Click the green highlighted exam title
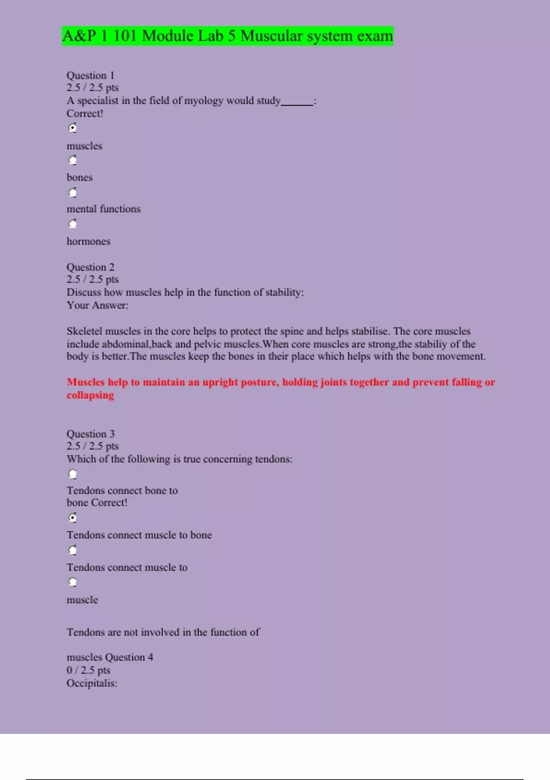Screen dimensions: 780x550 [228, 36]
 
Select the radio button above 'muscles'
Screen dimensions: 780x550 [72, 128]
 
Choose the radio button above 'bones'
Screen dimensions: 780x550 [72, 160]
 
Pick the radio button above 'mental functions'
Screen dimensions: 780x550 [72, 192]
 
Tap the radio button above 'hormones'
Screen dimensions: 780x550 [72, 224]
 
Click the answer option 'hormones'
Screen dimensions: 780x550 [88, 241]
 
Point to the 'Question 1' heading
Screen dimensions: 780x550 [90, 75]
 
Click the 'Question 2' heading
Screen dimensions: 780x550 [90, 267]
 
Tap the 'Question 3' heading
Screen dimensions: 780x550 [90, 434]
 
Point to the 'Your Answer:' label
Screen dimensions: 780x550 [97, 305]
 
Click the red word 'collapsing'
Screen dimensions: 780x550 [90, 395]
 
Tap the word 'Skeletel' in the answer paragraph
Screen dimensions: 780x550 [85, 331]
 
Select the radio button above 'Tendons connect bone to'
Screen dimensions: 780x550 [72, 474]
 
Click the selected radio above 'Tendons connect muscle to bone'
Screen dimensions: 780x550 [72, 518]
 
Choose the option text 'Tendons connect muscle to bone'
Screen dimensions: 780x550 [139, 535]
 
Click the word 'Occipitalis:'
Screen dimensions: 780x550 [92, 683]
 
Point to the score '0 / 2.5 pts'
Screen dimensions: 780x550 [88, 670]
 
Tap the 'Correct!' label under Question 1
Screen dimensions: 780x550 [85, 113]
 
